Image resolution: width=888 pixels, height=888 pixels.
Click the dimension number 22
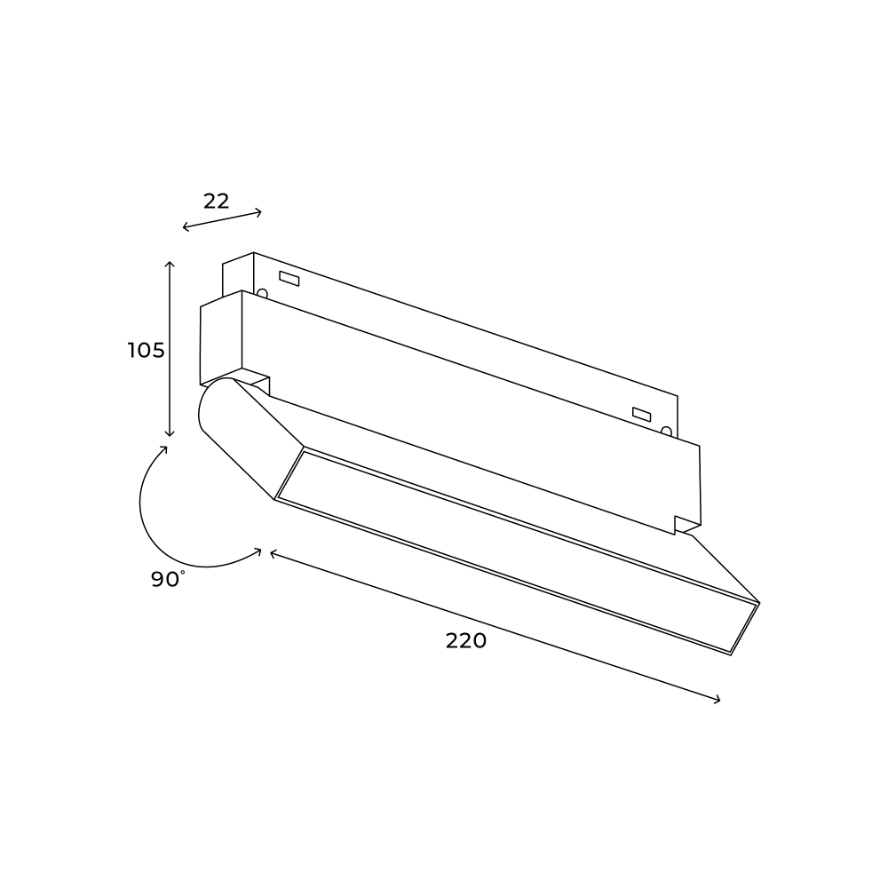[x=216, y=201]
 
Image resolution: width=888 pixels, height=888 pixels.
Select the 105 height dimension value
[x=147, y=350]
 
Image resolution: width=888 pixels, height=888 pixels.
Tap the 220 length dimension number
[x=466, y=640]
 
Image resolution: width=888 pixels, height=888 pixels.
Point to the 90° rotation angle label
[x=167, y=579]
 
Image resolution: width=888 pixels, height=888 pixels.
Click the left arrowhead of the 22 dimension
[x=184, y=229]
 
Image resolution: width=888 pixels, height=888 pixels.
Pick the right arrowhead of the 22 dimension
[x=260, y=211]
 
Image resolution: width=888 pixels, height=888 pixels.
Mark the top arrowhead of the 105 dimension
[x=170, y=264]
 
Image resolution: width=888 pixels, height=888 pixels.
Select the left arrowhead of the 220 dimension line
[x=271, y=552]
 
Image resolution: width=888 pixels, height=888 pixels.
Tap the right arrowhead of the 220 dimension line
[x=718, y=702]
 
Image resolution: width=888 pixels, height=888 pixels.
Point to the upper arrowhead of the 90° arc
[x=167, y=448]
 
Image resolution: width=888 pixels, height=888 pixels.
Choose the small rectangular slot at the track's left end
[x=289, y=279]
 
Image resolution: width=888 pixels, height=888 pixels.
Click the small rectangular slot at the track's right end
[x=641, y=414]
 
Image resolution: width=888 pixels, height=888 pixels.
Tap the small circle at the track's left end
[x=262, y=292]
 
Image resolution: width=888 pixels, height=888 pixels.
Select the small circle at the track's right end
[x=666, y=432]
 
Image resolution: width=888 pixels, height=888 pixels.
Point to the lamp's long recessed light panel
[x=515, y=551]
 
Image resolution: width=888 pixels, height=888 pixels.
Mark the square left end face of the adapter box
[x=220, y=338]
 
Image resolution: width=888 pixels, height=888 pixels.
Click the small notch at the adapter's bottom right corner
[x=686, y=525]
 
